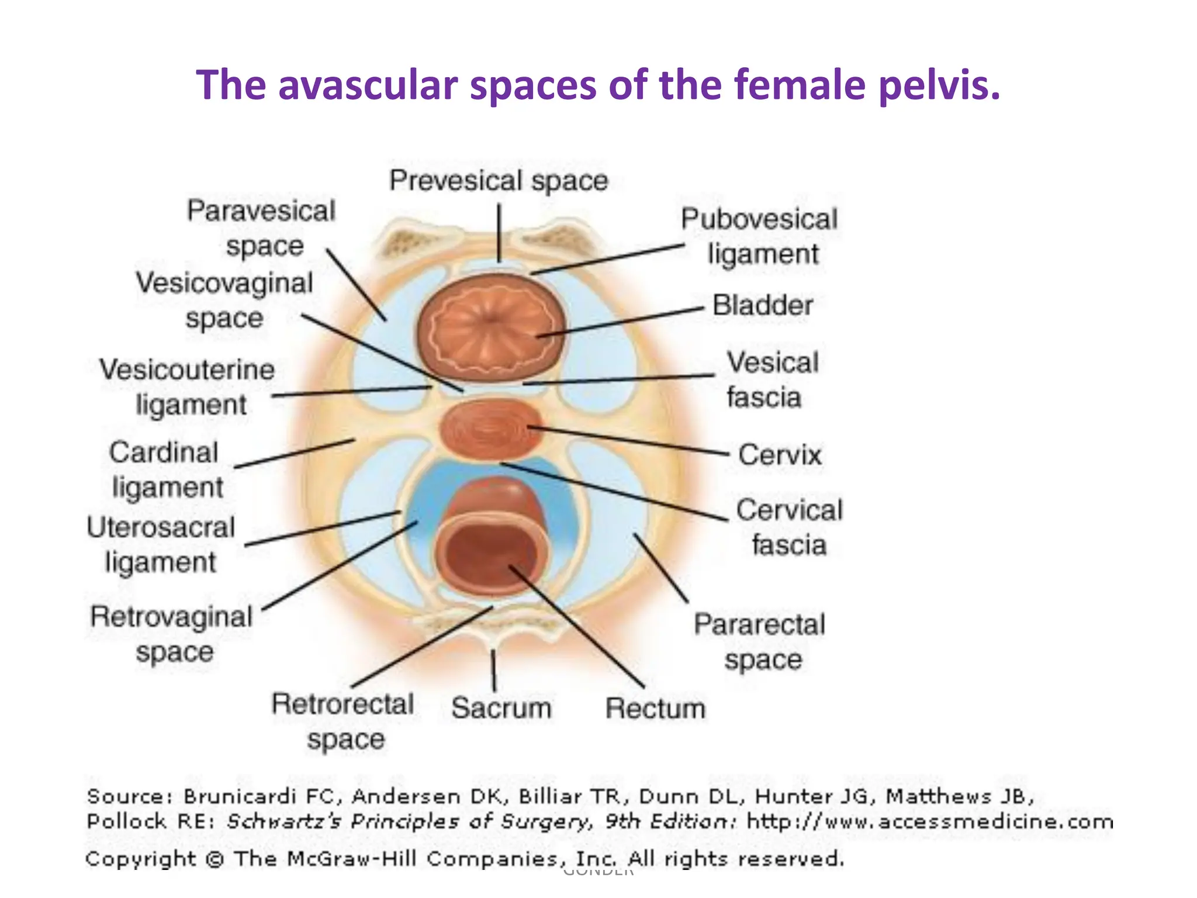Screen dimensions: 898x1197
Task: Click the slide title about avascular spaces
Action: [x=598, y=85]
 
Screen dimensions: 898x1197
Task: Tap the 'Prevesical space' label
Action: [x=499, y=180]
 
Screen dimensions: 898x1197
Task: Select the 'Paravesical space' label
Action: [x=261, y=228]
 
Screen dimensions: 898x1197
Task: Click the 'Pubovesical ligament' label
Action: [x=760, y=236]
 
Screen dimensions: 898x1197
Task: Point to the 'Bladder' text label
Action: [x=763, y=305]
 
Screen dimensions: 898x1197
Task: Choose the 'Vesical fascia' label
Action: [x=772, y=379]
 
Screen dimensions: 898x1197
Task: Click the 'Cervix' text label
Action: [x=780, y=454]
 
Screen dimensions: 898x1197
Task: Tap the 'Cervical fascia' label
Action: [x=789, y=527]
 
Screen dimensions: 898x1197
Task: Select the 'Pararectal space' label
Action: [x=760, y=641]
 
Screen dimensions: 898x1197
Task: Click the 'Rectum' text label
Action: [x=655, y=708]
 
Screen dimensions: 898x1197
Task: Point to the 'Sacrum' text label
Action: [x=501, y=707]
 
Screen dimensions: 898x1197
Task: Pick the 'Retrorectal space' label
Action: [x=344, y=721]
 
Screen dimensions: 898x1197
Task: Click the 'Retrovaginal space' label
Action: [x=172, y=634]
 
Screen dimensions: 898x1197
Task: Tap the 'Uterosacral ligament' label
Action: [x=161, y=544]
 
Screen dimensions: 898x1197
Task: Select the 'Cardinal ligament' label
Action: [x=166, y=469]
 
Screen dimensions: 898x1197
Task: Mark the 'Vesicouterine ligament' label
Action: [x=188, y=386]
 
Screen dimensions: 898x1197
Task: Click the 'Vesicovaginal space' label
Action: [x=224, y=300]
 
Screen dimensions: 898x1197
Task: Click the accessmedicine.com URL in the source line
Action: [x=930, y=821]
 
